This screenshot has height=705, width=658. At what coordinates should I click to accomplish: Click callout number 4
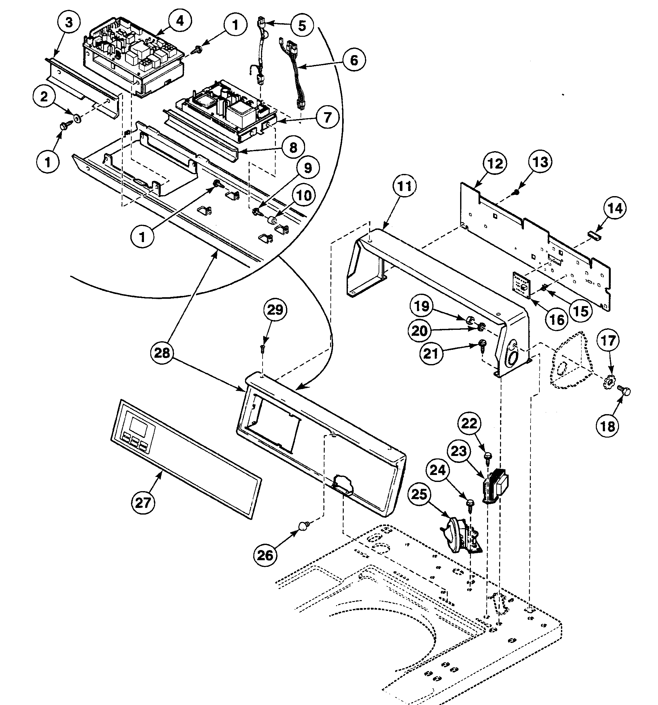[x=180, y=21]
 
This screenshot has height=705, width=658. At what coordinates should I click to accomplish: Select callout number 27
[x=143, y=502]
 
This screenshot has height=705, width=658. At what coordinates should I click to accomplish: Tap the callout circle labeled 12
[x=495, y=163]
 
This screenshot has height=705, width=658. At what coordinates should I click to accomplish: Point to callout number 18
[x=608, y=426]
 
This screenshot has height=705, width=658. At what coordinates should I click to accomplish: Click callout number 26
[x=265, y=555]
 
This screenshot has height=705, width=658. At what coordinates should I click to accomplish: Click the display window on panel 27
[x=138, y=426]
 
